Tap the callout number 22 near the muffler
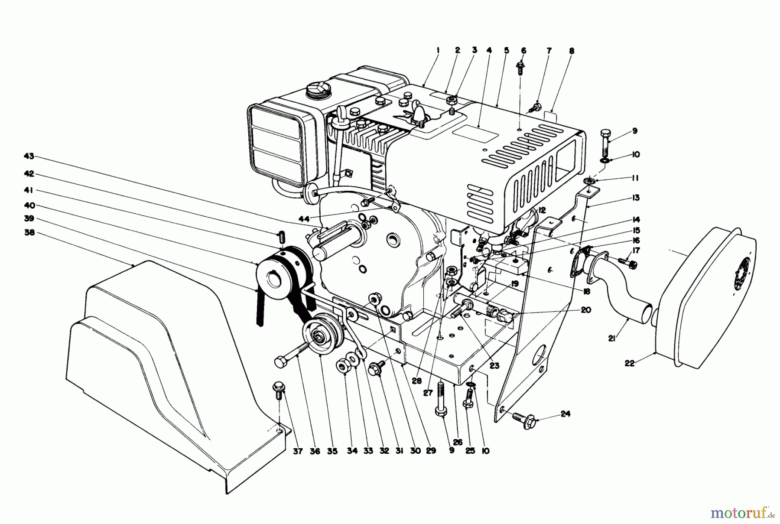tap(630, 363)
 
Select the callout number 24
tap(565, 413)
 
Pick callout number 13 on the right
tap(635, 198)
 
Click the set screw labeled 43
tap(280, 238)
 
